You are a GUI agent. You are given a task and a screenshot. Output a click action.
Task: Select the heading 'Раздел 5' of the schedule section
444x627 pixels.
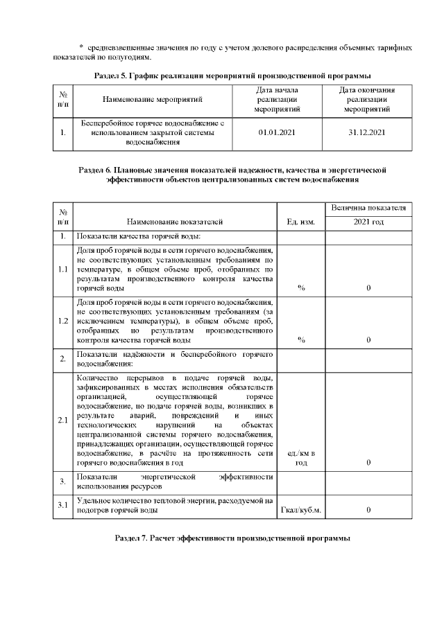coord(232,74)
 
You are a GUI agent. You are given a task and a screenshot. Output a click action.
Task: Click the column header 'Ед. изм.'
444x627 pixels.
coord(301,222)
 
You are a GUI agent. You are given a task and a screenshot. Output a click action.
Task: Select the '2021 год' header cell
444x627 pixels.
coord(368,222)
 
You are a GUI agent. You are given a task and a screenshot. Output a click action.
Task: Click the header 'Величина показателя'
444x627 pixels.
coord(368,208)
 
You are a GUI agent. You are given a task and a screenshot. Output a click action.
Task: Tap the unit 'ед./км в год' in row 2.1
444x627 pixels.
coord(301,457)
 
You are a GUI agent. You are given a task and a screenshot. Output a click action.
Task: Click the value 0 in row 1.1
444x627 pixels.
coord(368,288)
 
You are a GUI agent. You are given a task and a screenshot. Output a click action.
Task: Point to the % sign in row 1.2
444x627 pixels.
coord(301,339)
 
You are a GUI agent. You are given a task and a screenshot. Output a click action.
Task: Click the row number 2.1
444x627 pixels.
coord(63,420)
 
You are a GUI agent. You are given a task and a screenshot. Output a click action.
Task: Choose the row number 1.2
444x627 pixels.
coord(63,321)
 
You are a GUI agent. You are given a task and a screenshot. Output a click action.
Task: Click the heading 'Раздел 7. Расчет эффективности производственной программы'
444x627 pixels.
coord(232,538)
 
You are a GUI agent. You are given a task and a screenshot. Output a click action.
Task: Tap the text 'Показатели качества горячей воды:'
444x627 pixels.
coord(131,236)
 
